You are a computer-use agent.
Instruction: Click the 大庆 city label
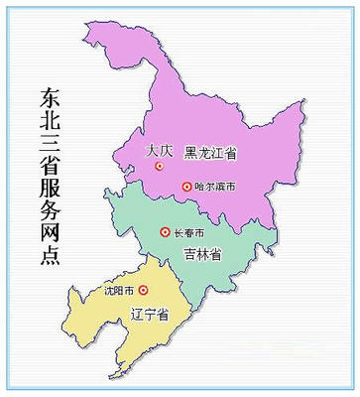coord(159,151)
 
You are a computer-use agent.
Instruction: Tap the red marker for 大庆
coord(159,169)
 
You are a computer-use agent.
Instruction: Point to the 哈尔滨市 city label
coord(213,187)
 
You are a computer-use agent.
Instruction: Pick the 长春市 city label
coord(188,232)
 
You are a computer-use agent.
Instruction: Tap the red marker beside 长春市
coord(165,232)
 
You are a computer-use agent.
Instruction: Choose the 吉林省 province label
coord(201,255)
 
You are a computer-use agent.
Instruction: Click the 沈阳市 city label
coord(119,291)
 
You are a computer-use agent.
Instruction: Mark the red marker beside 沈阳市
coord(143,291)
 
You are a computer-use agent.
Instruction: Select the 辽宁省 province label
coord(150,314)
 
